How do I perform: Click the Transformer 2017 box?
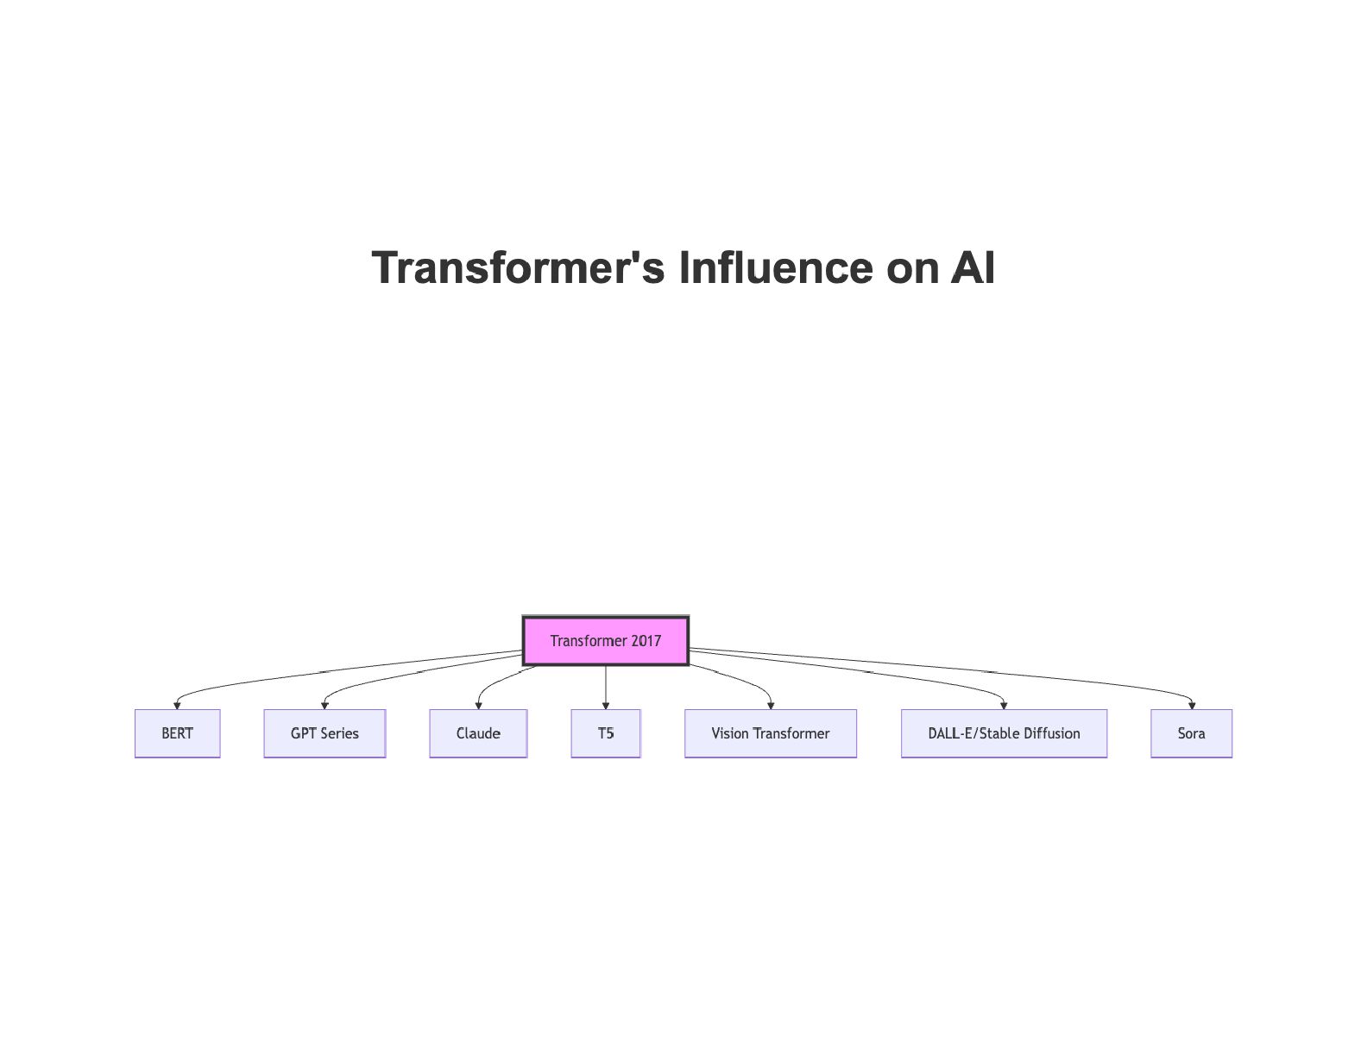pyautogui.click(x=605, y=641)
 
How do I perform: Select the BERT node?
pyautogui.click(x=177, y=733)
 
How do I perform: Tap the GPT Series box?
pyautogui.click(x=324, y=733)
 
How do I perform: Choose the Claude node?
pyautogui.click(x=478, y=733)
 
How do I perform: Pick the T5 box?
pyautogui.click(x=606, y=733)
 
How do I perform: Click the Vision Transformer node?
pyautogui.click(x=770, y=733)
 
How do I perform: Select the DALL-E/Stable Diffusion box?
pyautogui.click(x=1004, y=733)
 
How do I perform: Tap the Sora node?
pyautogui.click(x=1191, y=733)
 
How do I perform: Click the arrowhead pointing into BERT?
pyautogui.click(x=177, y=705)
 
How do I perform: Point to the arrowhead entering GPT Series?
pyautogui.click(x=324, y=705)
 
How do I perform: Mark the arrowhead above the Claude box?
pyautogui.click(x=478, y=705)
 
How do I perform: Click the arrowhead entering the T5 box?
pyautogui.click(x=606, y=705)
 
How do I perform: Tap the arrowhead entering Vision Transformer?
pyautogui.click(x=771, y=705)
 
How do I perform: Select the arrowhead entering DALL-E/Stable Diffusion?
pyautogui.click(x=1004, y=705)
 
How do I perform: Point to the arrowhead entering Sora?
pyautogui.click(x=1192, y=705)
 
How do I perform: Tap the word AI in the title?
pyautogui.click(x=973, y=267)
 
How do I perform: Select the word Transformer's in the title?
pyautogui.click(x=518, y=267)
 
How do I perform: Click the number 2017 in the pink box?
pyautogui.click(x=646, y=641)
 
